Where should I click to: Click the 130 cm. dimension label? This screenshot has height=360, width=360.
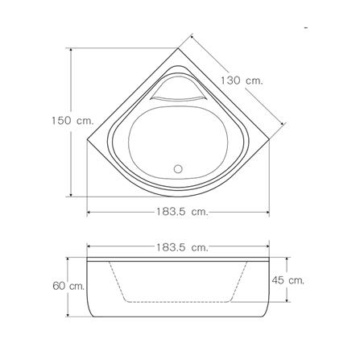[242, 81]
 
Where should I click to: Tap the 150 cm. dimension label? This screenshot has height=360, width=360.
[73, 121]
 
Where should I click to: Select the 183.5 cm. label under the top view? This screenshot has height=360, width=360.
[182, 212]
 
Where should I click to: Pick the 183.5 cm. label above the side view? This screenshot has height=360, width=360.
[182, 247]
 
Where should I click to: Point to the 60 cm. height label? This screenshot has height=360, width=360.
[68, 286]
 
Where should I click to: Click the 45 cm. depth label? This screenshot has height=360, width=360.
[288, 280]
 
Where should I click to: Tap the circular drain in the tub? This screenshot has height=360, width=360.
[178, 169]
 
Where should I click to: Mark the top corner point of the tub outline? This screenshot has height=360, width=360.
[178, 48]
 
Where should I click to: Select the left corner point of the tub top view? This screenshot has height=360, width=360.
[87, 139]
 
